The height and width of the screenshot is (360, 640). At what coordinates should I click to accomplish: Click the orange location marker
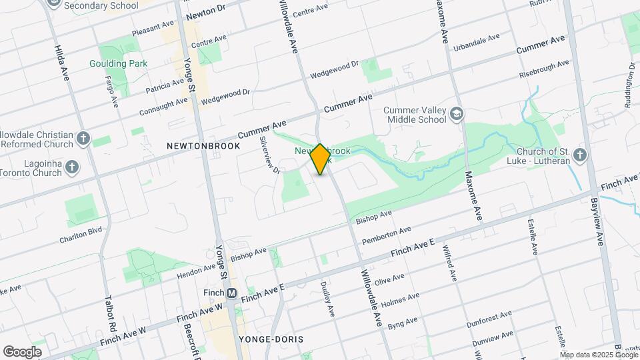click(x=320, y=159)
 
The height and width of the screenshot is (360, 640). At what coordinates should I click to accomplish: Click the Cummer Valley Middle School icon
click(x=457, y=113)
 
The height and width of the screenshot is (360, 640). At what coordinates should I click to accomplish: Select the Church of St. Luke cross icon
click(x=579, y=155)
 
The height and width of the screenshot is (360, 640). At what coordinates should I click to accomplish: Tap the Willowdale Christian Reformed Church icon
click(x=83, y=138)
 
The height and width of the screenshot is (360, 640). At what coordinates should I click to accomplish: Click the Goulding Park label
click(x=119, y=64)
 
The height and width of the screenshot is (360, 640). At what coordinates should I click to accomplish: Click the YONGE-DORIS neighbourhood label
click(x=271, y=339)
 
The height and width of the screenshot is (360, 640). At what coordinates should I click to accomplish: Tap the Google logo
click(x=22, y=352)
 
